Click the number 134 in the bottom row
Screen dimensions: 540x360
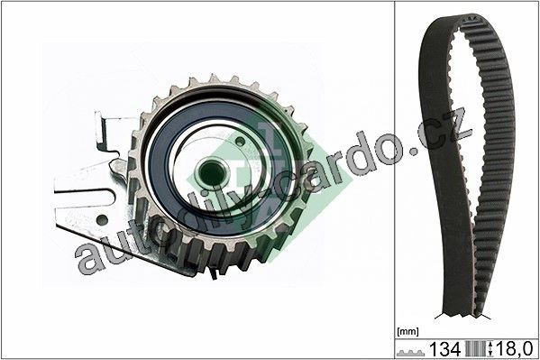pyautogui.click(x=444, y=349)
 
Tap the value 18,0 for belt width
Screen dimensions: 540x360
pyautogui.click(x=514, y=349)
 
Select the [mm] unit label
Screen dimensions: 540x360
pyautogui.click(x=407, y=332)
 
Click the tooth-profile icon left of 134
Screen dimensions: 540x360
pyautogui.click(x=410, y=353)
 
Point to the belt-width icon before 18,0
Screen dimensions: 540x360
pyautogui.click(x=479, y=349)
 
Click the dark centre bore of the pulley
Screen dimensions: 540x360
pyautogui.click(x=212, y=172)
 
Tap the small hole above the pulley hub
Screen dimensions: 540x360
pyautogui.click(x=240, y=141)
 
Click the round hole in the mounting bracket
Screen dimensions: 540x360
pyautogui.click(x=102, y=219)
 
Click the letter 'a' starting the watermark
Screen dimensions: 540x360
pyautogui.click(x=87, y=258)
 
